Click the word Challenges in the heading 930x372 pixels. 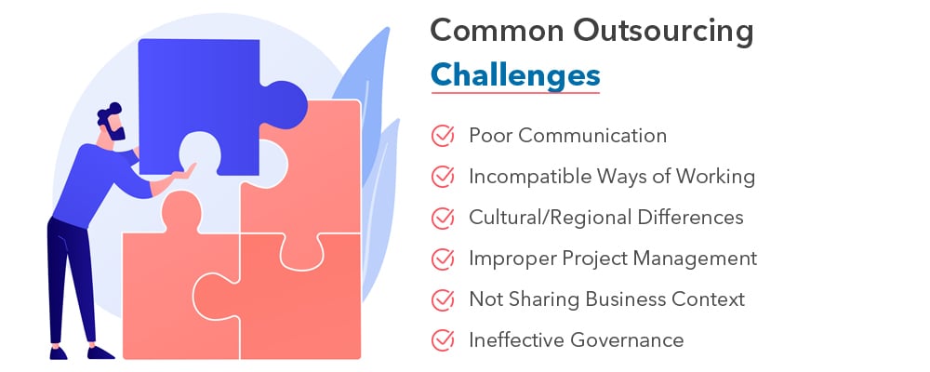point(514,73)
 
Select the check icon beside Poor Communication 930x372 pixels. point(443,136)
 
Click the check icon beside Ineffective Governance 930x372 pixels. point(443,340)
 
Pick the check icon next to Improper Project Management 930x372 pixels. point(443,259)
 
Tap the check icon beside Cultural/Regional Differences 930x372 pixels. point(443,218)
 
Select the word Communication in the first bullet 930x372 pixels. point(592,136)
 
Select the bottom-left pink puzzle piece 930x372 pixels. point(167,298)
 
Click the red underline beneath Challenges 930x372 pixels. point(514,93)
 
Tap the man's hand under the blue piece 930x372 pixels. point(185,171)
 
